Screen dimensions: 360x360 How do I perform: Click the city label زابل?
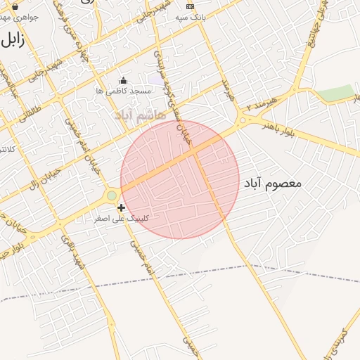click(x=13, y=39)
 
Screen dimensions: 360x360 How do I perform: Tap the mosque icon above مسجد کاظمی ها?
click(x=124, y=81)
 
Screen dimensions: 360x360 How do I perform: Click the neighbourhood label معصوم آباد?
click(x=272, y=183)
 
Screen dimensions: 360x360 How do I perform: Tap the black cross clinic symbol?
click(x=122, y=207)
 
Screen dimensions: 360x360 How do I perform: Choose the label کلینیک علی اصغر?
click(x=122, y=219)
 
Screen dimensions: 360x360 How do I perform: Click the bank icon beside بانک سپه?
click(x=189, y=6)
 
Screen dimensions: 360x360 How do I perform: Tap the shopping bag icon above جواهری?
click(x=15, y=6)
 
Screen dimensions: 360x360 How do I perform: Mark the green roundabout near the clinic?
click(x=111, y=195)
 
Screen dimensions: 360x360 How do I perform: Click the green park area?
click(x=335, y=93)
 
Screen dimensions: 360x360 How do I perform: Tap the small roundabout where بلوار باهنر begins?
click(x=243, y=121)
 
